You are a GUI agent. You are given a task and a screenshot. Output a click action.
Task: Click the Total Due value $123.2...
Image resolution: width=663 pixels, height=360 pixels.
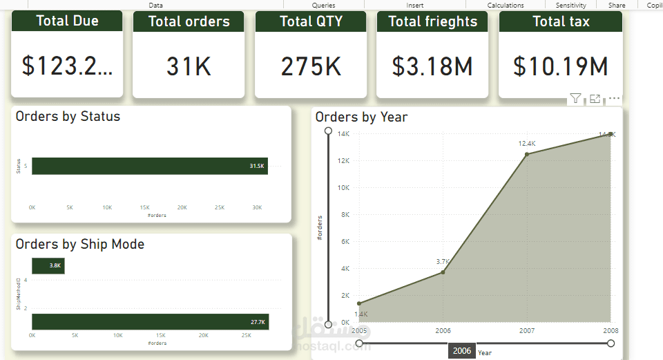tap(67, 66)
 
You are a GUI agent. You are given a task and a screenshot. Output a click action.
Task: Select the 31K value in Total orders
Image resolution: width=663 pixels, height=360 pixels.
tap(189, 66)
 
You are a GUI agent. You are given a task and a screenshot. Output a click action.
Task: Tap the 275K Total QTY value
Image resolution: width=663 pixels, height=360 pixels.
tap(311, 66)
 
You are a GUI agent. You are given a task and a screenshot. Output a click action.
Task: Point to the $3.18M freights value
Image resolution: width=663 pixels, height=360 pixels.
tap(432, 66)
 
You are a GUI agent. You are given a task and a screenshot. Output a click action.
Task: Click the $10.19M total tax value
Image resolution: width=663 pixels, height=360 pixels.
tap(561, 66)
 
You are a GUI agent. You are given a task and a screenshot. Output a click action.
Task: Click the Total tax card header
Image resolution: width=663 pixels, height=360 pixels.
tap(561, 21)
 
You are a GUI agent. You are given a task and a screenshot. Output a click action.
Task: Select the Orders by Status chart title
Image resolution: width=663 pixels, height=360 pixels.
tap(68, 116)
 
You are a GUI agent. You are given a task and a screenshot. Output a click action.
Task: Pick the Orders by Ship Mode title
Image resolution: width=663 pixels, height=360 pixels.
tap(80, 244)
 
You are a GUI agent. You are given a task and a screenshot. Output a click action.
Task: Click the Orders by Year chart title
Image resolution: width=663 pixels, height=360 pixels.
tap(361, 117)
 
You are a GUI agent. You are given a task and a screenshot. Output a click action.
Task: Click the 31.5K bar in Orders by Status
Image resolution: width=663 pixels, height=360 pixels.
tap(149, 166)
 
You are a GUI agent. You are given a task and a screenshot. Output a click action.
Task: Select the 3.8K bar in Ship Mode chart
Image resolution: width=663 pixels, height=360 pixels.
tap(48, 265)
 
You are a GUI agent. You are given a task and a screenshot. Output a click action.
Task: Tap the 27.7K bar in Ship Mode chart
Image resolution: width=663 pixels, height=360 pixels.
tap(149, 322)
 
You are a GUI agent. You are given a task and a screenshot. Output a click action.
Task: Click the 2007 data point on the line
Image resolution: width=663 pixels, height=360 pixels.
tap(527, 154)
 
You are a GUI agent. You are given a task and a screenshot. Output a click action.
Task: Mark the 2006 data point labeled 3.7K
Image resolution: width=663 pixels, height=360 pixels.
tap(443, 272)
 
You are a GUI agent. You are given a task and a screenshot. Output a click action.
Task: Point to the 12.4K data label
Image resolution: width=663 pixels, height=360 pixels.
tap(527, 144)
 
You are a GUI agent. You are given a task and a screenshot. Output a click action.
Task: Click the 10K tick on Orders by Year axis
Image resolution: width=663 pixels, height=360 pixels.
tap(343, 188)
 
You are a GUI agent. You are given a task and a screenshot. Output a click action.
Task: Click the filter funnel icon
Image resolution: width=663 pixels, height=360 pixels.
tap(575, 100)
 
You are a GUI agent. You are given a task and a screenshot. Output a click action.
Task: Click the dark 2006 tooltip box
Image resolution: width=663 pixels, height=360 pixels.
tap(462, 351)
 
